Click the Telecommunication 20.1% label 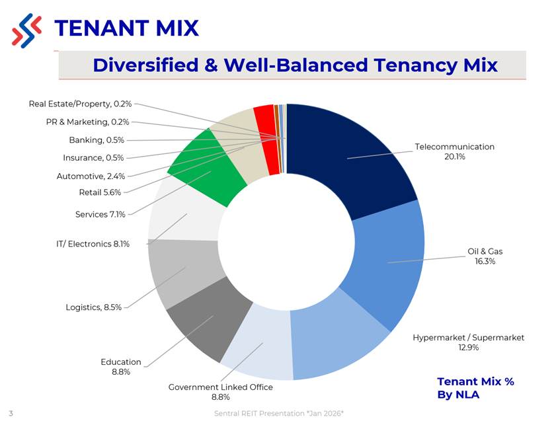(454, 151)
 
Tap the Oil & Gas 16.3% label (485, 256)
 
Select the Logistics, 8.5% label (93, 307)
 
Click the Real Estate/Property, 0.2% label (80, 104)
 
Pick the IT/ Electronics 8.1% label (93, 244)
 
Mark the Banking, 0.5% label (97, 140)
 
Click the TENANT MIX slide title (126, 28)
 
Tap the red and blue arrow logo (26, 30)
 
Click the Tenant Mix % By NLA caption (475, 388)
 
